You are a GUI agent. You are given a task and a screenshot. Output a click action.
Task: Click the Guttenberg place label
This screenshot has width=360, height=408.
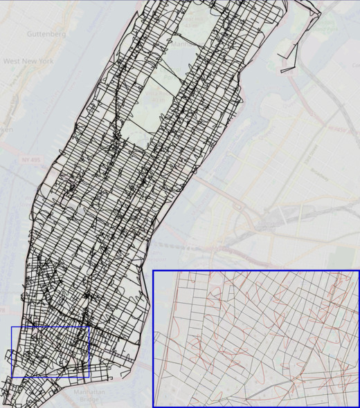coord(46,33)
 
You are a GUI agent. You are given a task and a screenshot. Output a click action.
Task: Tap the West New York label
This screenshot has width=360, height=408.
coord(28,61)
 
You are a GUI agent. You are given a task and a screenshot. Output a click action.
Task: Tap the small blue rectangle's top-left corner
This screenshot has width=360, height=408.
coord(12,326)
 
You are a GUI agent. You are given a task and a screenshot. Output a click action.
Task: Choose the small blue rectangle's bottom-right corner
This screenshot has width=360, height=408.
coord(90,378)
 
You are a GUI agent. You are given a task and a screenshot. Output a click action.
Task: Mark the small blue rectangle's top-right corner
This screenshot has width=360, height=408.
coord(90,326)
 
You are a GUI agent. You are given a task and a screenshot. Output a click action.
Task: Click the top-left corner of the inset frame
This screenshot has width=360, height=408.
coord(153,270)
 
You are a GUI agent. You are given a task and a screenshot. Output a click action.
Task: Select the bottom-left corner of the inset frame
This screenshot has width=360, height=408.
coord(153,407)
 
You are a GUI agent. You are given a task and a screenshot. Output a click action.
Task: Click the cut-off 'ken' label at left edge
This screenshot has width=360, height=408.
coord(6,129)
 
